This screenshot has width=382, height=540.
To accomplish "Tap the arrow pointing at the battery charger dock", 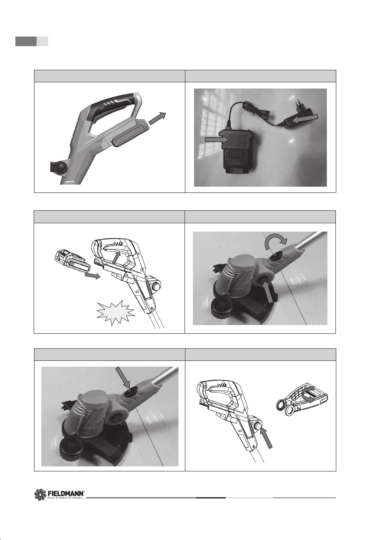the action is point(217,139).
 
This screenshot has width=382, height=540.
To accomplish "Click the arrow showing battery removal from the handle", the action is point(158,118).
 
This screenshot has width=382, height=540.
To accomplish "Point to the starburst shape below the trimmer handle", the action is point(116,313).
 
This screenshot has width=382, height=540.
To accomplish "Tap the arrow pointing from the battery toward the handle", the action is point(92,275).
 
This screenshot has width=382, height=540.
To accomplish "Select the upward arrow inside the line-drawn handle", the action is point(116,258).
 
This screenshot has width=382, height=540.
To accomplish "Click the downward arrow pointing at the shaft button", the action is point(123,377).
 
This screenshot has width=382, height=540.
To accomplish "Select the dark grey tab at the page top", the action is point(26,41).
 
